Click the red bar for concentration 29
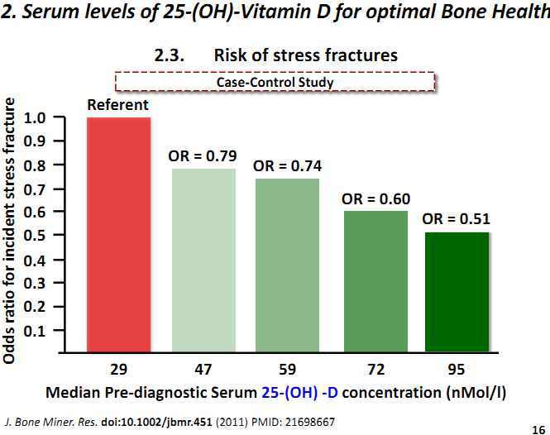pyautogui.click(x=118, y=235)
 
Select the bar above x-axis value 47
pyautogui.click(x=203, y=261)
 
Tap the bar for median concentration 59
pyautogui.click(x=287, y=265)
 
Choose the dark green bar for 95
pyautogui.click(x=457, y=293)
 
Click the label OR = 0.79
pyautogui.click(x=203, y=155)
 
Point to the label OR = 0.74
pyautogui.click(x=287, y=165)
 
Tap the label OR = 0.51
pyautogui.click(x=457, y=219)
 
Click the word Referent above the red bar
pyautogui.click(x=118, y=105)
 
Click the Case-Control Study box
pyautogui.click(x=275, y=82)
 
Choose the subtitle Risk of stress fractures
pyautogui.click(x=305, y=55)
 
